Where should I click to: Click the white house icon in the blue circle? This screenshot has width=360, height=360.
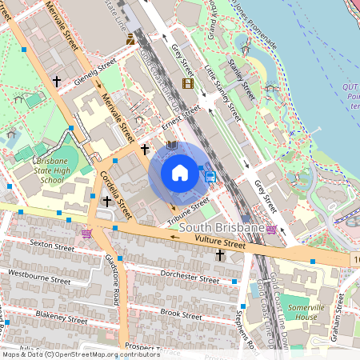[x=180, y=173]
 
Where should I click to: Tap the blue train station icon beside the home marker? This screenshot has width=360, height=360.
[x=210, y=176]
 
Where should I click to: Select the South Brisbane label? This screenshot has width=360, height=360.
[x=222, y=229]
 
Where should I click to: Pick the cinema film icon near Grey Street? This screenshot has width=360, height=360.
[x=187, y=83]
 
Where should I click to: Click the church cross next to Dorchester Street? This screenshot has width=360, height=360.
[x=220, y=255]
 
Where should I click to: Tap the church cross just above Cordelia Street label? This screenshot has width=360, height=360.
[x=106, y=202]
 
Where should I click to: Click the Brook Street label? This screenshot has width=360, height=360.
[x=181, y=313]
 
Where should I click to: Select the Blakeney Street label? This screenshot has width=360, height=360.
[x=61, y=317]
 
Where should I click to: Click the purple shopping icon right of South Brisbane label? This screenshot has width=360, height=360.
[x=272, y=230]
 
